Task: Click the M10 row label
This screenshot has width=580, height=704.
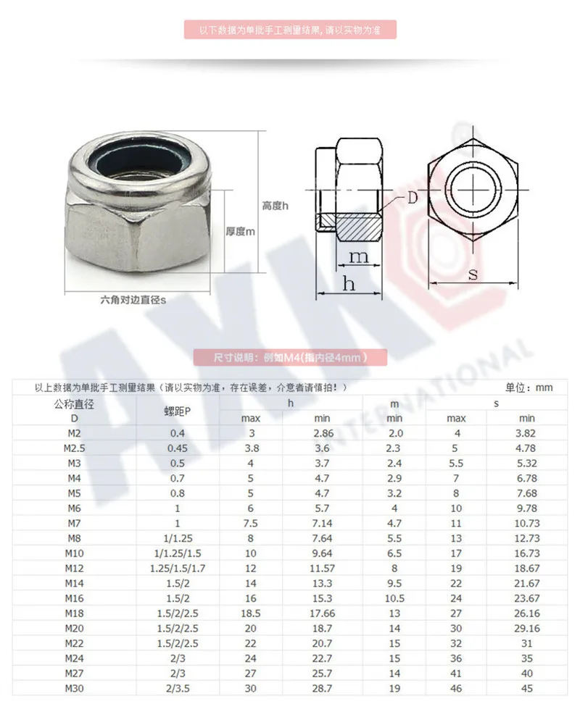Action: click(x=74, y=553)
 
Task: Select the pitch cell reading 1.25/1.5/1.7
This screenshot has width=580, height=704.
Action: click(x=178, y=569)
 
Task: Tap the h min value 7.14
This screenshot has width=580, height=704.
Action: click(x=322, y=523)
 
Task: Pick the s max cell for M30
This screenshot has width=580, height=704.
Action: click(x=456, y=688)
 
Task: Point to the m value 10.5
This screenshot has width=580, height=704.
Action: click(x=394, y=598)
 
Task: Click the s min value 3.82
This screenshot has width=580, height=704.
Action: click(x=527, y=433)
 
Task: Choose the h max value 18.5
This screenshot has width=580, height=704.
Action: click(x=251, y=613)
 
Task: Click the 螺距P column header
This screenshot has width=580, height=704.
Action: click(x=178, y=411)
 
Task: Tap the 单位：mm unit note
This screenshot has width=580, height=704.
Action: click(x=529, y=387)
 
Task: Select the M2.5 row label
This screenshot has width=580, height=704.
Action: click(x=74, y=448)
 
